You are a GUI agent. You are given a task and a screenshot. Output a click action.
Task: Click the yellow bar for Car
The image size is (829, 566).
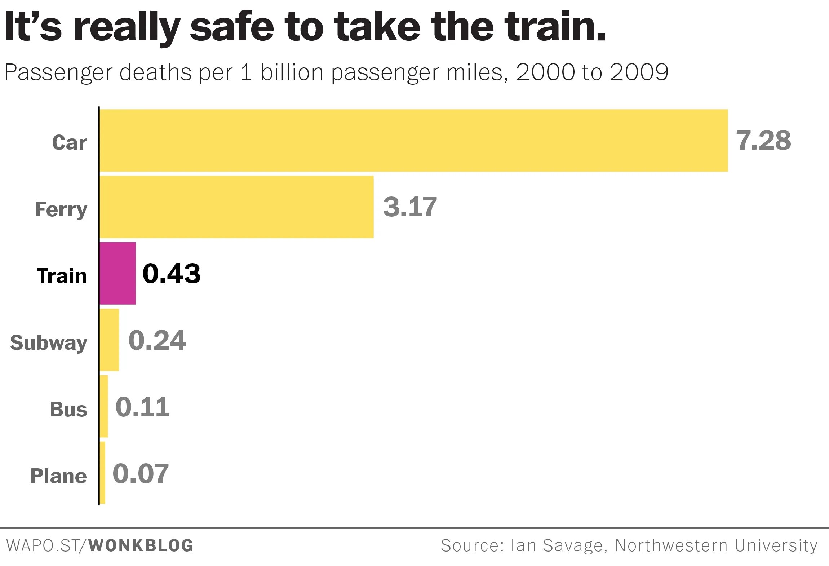[413, 140]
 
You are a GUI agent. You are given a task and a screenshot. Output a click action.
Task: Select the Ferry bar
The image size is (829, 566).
[236, 207]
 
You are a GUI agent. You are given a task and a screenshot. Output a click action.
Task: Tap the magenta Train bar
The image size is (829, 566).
[118, 273]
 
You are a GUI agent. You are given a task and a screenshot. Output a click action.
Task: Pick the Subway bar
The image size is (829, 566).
[109, 340]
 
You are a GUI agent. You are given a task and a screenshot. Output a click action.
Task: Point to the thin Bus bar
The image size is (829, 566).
[104, 406]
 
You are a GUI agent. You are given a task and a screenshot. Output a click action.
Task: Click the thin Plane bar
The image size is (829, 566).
[102, 473]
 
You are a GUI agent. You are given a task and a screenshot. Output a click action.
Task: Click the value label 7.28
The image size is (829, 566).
[763, 140]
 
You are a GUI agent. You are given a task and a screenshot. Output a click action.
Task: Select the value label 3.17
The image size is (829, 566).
[410, 207]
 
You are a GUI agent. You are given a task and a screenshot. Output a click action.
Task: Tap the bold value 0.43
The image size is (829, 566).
[172, 273]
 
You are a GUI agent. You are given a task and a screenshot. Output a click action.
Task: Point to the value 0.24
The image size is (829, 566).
[157, 340]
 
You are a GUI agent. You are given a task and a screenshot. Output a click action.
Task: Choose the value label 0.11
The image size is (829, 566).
[142, 407]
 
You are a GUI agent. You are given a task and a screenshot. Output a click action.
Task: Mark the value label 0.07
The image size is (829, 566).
[141, 473]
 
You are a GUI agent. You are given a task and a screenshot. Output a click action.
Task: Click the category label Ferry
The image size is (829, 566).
[61, 209]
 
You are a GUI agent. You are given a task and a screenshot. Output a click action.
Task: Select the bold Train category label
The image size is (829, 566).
[62, 276]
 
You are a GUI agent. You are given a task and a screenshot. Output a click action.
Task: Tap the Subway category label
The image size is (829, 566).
[49, 342]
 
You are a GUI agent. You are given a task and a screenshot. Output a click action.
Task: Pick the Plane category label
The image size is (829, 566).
[58, 476]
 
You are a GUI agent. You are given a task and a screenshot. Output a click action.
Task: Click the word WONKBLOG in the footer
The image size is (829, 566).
[141, 545]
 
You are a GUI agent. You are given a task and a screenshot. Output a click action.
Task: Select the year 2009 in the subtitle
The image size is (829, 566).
[639, 72]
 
